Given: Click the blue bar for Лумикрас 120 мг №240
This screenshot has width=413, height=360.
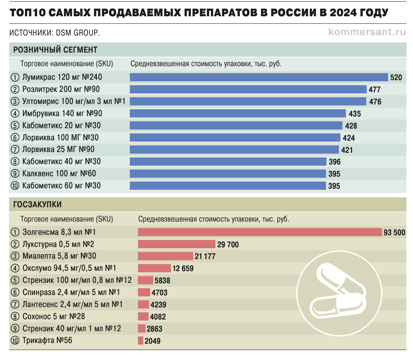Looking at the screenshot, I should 259,78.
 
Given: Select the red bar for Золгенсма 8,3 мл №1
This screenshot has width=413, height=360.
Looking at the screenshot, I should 259,232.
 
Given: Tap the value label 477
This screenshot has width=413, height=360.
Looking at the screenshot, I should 374,90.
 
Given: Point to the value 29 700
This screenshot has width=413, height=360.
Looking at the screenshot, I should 228,245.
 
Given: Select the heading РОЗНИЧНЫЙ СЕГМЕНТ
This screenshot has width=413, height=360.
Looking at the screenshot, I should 56,50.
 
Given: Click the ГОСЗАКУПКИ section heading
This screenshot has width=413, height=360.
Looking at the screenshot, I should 37,205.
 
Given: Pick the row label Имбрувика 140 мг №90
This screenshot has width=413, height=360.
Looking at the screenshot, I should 62,113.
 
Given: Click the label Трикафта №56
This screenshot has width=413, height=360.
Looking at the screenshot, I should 47,340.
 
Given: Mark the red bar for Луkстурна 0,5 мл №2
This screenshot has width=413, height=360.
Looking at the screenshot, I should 176,244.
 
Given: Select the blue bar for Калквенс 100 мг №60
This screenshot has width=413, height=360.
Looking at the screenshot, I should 228,174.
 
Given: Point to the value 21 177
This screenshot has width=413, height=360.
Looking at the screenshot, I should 205,256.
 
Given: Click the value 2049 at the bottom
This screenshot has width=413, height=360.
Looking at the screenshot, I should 152,341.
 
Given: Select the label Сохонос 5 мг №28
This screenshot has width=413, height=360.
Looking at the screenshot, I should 54,316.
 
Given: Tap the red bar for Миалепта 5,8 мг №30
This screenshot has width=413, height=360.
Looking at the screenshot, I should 165,256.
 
